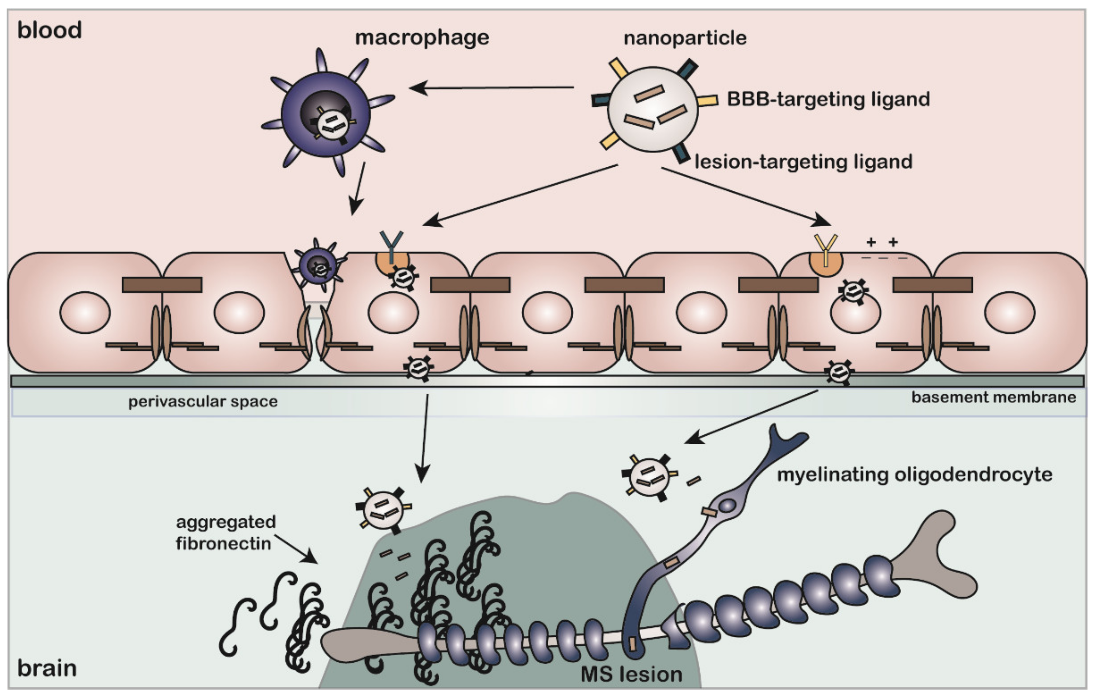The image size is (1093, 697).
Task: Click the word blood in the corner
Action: pos(49,30)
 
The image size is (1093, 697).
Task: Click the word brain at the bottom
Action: pos(47,668)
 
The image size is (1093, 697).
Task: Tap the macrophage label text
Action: pos(422,38)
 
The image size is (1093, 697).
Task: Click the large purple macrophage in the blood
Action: pos(326,113)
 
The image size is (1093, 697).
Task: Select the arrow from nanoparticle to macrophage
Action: pos(490,88)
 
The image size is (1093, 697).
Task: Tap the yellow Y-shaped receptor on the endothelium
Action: pos(825,247)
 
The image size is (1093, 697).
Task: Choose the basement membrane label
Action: pos(993,398)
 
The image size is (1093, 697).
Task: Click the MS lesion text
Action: pos(631,674)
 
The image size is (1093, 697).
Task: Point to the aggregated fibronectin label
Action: pos(226,532)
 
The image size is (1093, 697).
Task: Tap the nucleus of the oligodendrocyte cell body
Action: pos(728,505)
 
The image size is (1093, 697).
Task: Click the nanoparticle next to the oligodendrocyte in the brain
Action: pos(650,478)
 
